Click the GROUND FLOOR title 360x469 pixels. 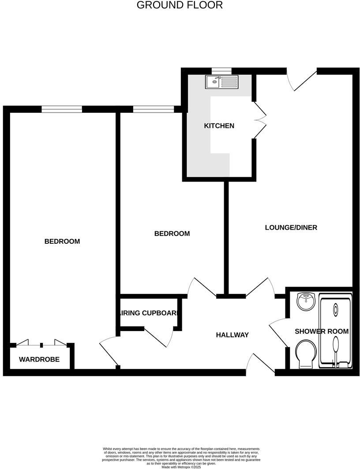[180, 5]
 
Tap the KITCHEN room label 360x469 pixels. [219, 126]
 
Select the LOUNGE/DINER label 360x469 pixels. [291, 227]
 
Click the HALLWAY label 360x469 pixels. [232, 335]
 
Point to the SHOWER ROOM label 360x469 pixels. [322, 331]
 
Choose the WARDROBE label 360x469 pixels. [39, 360]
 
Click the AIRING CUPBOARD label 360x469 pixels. [149, 313]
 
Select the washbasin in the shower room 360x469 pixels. [305, 301]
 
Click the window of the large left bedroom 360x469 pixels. [62, 109]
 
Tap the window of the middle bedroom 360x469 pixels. [153, 109]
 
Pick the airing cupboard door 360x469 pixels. [159, 337]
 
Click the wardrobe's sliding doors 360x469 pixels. [41, 344]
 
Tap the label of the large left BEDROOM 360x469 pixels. [62, 242]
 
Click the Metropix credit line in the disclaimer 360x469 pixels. [181, 467]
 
